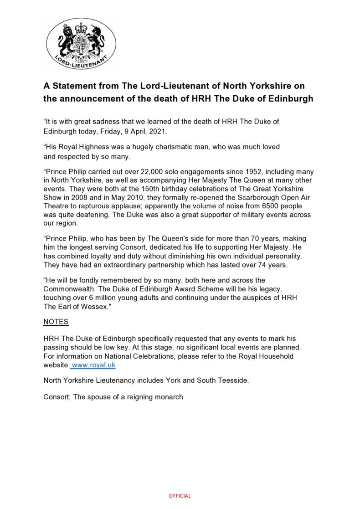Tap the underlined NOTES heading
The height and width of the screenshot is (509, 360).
(56, 322)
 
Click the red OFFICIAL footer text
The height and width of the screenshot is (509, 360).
(180, 496)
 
